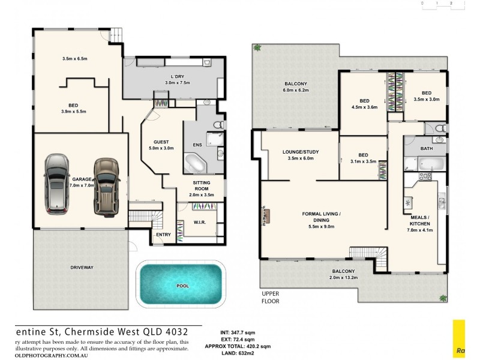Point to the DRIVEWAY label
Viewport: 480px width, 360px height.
[x=82, y=267]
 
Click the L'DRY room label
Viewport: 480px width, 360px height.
[x=178, y=76]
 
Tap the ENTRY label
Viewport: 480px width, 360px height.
[x=163, y=235]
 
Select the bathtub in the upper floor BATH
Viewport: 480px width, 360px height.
[x=427, y=163]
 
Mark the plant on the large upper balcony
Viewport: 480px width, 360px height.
[x=257, y=48]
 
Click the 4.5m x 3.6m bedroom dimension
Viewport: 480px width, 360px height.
[x=364, y=107]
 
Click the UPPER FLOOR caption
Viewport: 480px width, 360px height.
[x=271, y=297]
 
